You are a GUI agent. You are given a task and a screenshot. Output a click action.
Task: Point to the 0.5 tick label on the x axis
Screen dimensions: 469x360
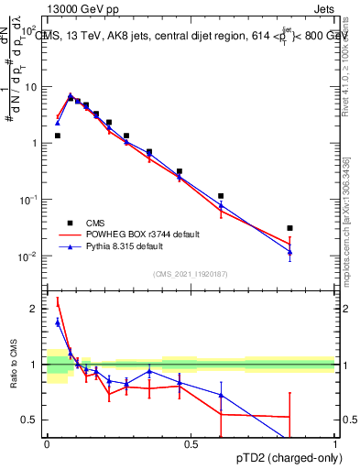191,444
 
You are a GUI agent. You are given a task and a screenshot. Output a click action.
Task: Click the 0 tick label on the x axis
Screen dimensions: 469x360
47,444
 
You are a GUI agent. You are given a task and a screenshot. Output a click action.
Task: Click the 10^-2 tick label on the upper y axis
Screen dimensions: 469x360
30,256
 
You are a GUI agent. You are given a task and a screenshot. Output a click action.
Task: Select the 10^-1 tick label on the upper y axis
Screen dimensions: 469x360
30,200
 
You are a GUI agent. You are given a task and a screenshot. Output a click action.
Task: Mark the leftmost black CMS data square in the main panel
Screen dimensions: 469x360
58,136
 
